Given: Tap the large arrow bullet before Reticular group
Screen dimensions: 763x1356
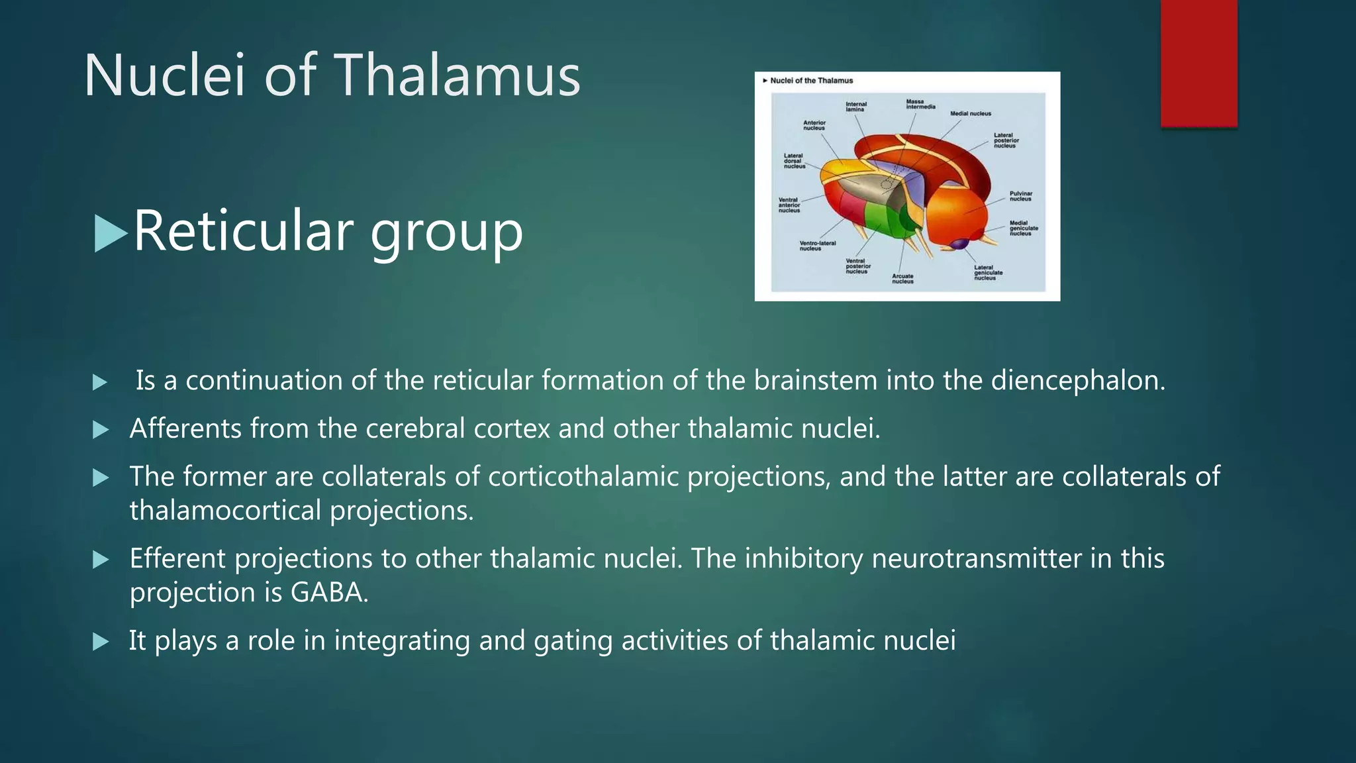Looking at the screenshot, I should click(x=111, y=233).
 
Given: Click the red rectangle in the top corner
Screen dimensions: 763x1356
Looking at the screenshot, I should click(x=1198, y=63).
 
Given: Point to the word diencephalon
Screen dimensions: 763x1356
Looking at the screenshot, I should click(x=1077, y=381).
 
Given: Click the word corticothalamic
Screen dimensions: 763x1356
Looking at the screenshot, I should click(x=583, y=477).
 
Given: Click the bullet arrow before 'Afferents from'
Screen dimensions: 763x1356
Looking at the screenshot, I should click(x=101, y=430).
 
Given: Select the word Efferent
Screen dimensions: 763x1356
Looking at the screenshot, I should click(x=177, y=558).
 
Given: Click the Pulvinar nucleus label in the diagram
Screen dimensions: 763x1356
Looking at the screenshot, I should click(x=1020, y=196).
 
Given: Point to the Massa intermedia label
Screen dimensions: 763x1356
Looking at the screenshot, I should click(x=920, y=104).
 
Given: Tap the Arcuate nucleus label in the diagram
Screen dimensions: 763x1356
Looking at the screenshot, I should click(x=902, y=279).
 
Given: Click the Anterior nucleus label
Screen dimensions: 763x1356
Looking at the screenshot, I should click(x=814, y=125).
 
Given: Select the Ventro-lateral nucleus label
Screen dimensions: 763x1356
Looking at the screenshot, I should click(x=817, y=246).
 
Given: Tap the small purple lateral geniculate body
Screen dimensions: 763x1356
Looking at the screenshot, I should click(x=959, y=244).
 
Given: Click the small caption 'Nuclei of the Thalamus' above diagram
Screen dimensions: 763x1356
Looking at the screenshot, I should click(x=811, y=81).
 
